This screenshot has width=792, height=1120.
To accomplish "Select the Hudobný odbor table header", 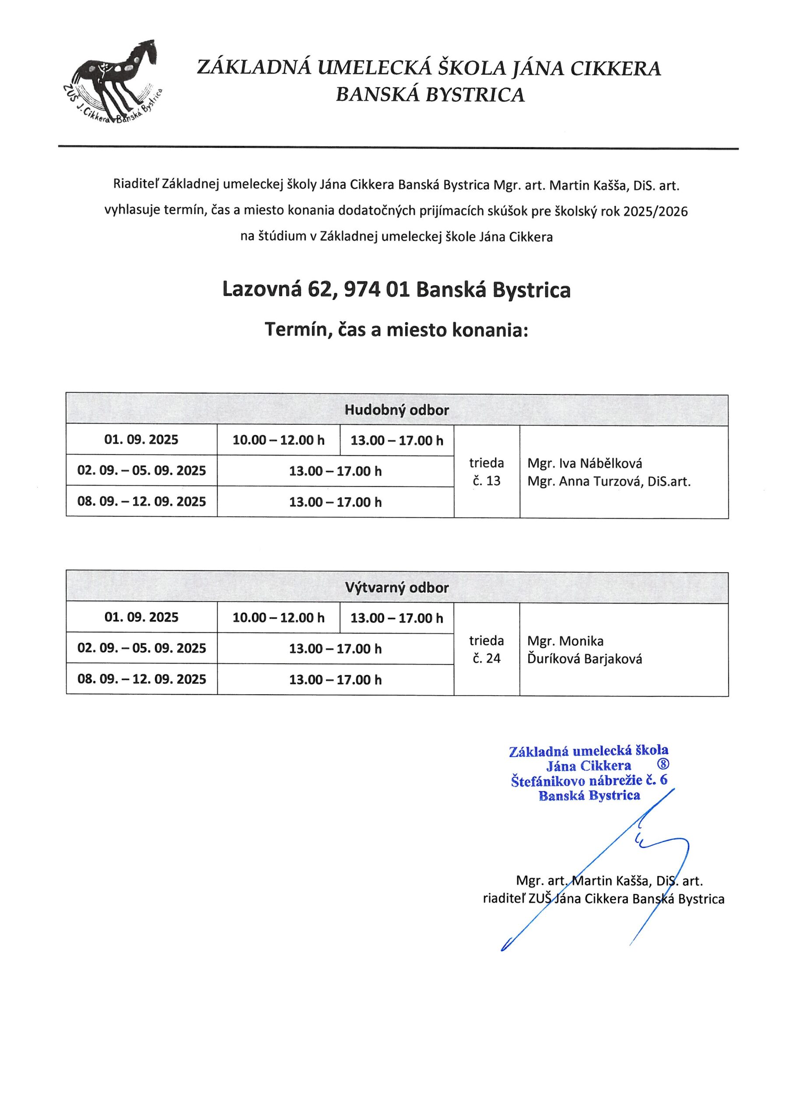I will (x=396, y=410).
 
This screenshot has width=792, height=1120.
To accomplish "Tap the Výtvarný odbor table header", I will (x=396, y=587).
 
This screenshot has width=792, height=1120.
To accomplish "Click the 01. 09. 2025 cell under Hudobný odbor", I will (x=141, y=440).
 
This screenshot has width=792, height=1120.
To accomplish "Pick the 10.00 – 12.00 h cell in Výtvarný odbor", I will (x=278, y=618).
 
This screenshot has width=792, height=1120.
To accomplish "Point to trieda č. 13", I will (x=486, y=472).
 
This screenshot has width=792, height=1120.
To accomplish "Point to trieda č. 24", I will (x=486, y=649).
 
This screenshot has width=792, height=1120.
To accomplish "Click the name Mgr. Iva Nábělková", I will (x=585, y=463).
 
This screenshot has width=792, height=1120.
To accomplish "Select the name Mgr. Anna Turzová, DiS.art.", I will (x=609, y=481).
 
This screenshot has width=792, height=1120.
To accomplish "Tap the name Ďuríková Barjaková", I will (x=585, y=659).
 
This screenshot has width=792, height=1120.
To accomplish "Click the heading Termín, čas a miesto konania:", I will (x=396, y=330).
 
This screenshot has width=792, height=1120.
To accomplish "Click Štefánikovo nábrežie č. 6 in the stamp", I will (x=589, y=780).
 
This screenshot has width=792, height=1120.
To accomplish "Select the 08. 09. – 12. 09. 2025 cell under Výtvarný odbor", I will (x=141, y=679).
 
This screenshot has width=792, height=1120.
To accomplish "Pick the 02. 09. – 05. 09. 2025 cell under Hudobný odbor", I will (x=141, y=470).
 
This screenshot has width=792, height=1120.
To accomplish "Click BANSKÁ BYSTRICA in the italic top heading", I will (x=430, y=94).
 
